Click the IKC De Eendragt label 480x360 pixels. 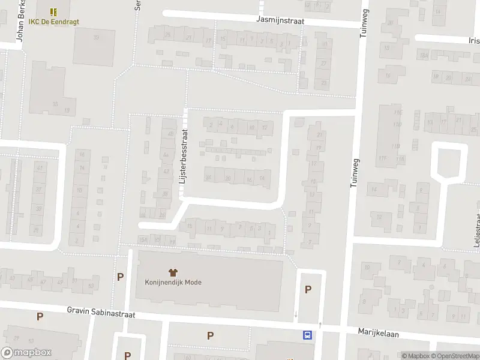coord(53,22)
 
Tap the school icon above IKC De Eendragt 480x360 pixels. coord(53,11)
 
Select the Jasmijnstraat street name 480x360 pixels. coord(280,20)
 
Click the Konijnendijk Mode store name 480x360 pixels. coord(173,282)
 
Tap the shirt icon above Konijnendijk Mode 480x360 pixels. coord(173,272)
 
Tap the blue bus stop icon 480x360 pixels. coord(308,335)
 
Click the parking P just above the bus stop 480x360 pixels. coord(308,290)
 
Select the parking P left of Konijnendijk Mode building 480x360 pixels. coord(121,277)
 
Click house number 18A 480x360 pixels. coord(424,56)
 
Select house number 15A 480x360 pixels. coord(143,239)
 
